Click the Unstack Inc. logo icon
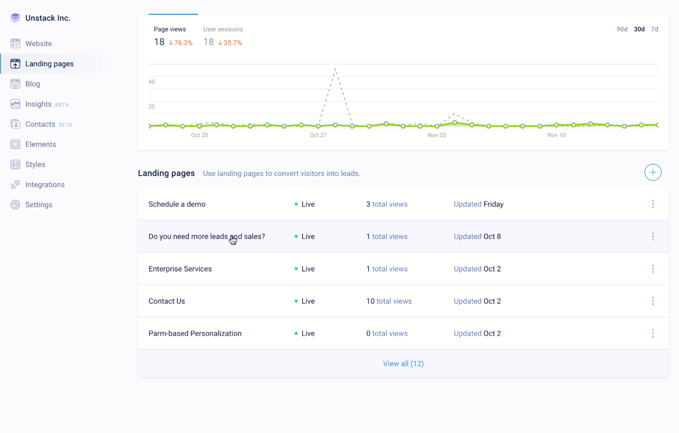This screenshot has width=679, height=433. pyautogui.click(x=15, y=18)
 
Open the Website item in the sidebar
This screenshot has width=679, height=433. pyautogui.click(x=38, y=44)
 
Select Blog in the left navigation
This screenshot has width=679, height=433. pyautogui.click(x=33, y=84)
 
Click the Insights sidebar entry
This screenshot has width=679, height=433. pyautogui.click(x=38, y=104)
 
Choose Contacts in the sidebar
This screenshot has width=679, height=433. pyautogui.click(x=40, y=124)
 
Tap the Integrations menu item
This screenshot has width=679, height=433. pyautogui.click(x=44, y=184)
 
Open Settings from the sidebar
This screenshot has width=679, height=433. pyautogui.click(x=39, y=205)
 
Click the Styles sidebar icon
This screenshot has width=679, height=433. pyautogui.click(x=15, y=165)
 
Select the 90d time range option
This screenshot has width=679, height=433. pyautogui.click(x=622, y=29)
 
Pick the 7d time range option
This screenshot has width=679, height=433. pyautogui.click(x=654, y=29)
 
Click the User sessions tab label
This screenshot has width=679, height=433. pyautogui.click(x=223, y=29)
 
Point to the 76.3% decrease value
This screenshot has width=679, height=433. pyautogui.click(x=180, y=43)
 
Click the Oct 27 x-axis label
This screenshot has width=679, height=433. pyautogui.click(x=318, y=135)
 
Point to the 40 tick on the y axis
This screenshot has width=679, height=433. pyautogui.click(x=152, y=82)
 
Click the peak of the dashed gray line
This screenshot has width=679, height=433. pyautogui.click(x=335, y=68)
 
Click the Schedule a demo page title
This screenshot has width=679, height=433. pyautogui.click(x=177, y=204)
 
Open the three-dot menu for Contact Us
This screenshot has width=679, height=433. pyautogui.click(x=653, y=301)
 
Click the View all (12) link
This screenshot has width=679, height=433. pyautogui.click(x=403, y=364)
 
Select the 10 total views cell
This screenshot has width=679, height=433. pyautogui.click(x=389, y=301)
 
